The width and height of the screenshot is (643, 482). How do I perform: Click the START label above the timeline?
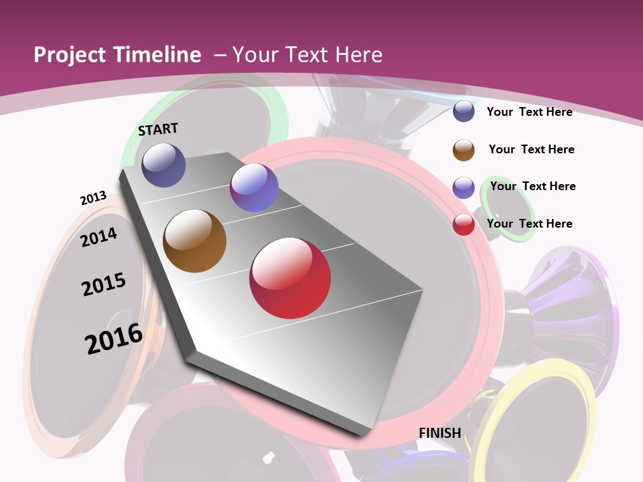pyautogui.click(x=158, y=129)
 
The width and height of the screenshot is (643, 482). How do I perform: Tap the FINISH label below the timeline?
pyautogui.click(x=440, y=433)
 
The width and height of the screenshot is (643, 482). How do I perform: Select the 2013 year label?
pyautogui.click(x=93, y=198)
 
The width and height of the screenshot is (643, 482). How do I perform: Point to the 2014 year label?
pyautogui.click(x=99, y=237)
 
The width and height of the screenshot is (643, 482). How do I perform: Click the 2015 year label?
pyautogui.click(x=104, y=285)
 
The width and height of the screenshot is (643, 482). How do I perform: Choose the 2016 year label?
pyautogui.click(x=114, y=339)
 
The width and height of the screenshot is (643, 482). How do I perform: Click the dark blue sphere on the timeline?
pyautogui.click(x=163, y=165)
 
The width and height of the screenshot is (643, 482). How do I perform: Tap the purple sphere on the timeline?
pyautogui.click(x=254, y=187)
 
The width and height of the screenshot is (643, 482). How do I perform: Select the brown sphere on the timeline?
pyautogui.click(x=194, y=241)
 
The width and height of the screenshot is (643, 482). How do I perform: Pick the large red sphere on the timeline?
pyautogui.click(x=290, y=278)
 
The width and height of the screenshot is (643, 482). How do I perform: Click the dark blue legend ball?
pyautogui.click(x=463, y=112)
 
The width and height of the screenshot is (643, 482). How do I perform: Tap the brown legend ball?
pyautogui.click(x=463, y=150)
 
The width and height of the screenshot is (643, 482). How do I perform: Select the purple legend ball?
pyautogui.click(x=463, y=187)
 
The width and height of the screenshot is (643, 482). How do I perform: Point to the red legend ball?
pyautogui.click(x=463, y=224)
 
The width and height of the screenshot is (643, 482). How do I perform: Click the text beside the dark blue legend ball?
pyautogui.click(x=529, y=112)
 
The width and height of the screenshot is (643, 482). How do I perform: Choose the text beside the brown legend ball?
pyautogui.click(x=531, y=149)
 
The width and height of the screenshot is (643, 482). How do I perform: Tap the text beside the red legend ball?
pyautogui.click(x=529, y=224)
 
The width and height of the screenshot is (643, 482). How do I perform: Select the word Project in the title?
pyautogui.click(x=69, y=55)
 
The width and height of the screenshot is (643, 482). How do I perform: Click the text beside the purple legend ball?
pyautogui.click(x=532, y=186)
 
